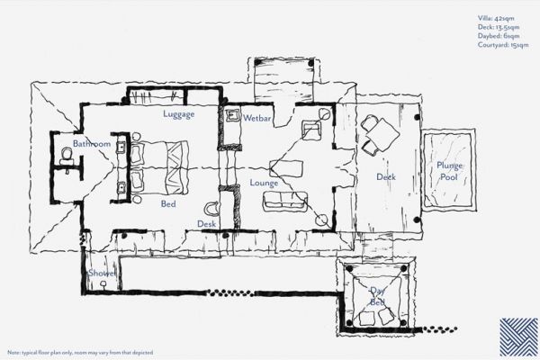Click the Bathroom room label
click(x=92, y=144)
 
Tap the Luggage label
click(x=179, y=114)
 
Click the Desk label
click(x=207, y=224)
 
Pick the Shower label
click(x=101, y=273)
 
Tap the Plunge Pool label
click(x=449, y=171)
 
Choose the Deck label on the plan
click(x=386, y=177)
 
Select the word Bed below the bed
click(x=168, y=204)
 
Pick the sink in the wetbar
click(x=231, y=116)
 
